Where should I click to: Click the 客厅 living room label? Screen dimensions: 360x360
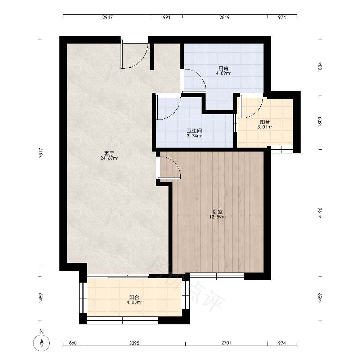coord(109,153)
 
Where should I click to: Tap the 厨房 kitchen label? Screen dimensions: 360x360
coord(224,68)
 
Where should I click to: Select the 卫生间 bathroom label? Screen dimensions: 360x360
coord(194,131)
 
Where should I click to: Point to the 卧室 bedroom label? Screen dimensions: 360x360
coord(218,212)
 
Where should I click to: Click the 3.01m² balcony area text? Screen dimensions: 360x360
coord(265,127)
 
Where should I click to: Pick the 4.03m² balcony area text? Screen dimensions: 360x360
coord(134,302)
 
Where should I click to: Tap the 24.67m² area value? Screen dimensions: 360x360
coord(109,158)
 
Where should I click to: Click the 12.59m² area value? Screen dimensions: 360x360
coord(218,217)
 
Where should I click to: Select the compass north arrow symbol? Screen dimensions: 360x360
coord(41,343)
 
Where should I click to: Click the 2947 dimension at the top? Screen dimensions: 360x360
coord(107,17)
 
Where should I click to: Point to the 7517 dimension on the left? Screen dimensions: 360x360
coord(41,153)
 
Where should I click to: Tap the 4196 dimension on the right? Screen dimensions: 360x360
coord(320,213)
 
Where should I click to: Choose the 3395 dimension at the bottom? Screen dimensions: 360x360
coord(134,343)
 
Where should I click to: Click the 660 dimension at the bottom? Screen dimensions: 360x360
coord(73,343)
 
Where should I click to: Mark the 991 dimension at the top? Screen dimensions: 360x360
coord(166,17)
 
